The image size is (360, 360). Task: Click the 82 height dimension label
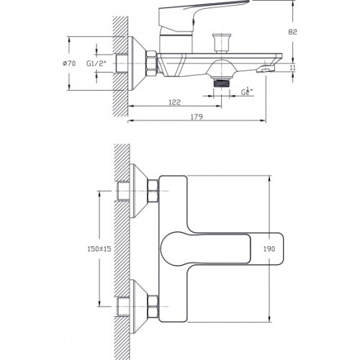(292, 32)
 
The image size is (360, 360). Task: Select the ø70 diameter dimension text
(69, 63)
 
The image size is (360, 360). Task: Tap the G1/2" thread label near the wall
(96, 63)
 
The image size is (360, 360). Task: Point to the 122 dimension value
(174, 102)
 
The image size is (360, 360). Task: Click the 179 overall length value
(197, 117)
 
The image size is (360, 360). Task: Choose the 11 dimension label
(292, 68)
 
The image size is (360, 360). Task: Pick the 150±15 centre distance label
(99, 249)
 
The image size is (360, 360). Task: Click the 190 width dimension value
(269, 249)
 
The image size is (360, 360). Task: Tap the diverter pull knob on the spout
(222, 42)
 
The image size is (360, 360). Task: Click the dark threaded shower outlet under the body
(221, 83)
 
